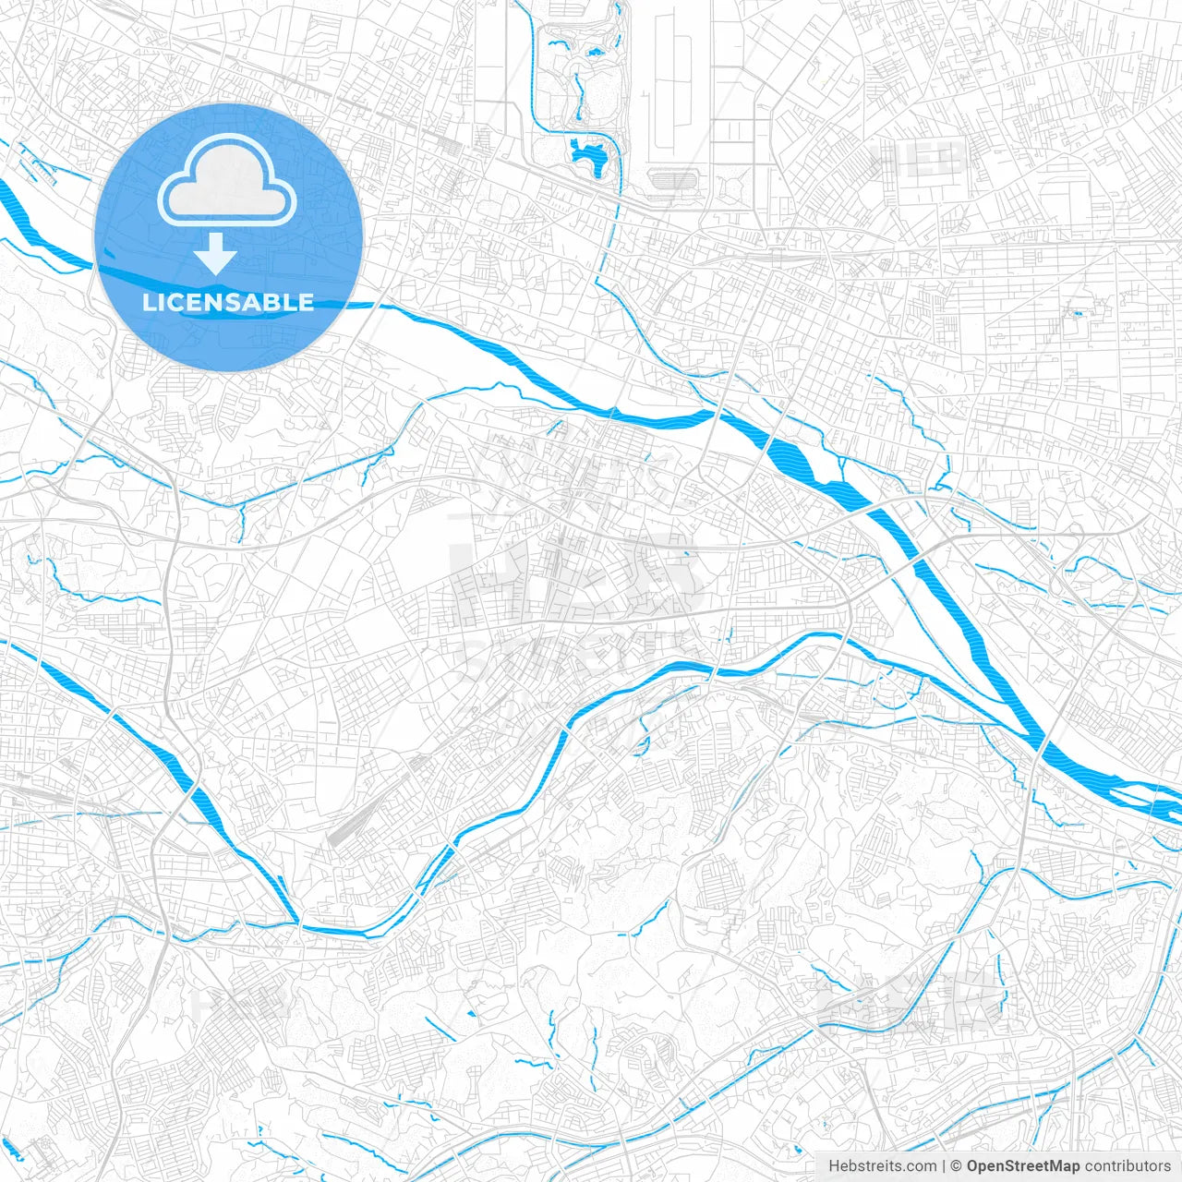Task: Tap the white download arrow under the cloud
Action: [215, 254]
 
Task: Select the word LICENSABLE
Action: [228, 302]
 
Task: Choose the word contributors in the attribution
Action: [1128, 1166]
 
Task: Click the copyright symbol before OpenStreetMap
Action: [957, 1166]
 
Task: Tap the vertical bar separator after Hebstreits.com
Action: [944, 1166]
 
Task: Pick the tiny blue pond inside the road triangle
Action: [1077, 314]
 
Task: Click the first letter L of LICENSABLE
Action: [148, 302]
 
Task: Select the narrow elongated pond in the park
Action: [579, 97]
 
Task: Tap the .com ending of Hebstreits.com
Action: [921, 1166]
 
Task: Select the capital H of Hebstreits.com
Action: [834, 1166]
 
